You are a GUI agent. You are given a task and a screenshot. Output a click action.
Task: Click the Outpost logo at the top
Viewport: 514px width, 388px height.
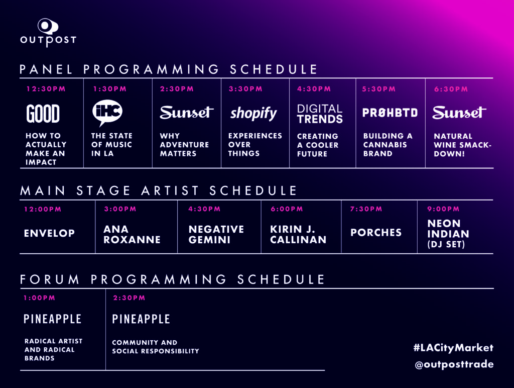click(48, 33)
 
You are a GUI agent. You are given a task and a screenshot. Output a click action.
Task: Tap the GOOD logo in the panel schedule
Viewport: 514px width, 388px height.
click(43, 114)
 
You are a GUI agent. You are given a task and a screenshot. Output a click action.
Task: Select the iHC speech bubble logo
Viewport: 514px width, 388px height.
click(107, 113)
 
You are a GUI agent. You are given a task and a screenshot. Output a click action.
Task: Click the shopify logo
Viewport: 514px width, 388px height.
click(253, 114)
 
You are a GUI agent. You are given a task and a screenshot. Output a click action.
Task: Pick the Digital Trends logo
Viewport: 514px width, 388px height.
click(320, 114)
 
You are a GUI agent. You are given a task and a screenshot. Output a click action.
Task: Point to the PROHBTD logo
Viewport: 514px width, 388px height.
click(390, 113)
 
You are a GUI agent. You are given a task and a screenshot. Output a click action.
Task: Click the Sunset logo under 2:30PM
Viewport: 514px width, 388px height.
click(187, 112)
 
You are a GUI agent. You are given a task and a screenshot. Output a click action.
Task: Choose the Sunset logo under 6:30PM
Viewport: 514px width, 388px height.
click(459, 113)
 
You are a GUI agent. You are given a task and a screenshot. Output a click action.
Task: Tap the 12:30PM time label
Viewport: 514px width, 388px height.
click(46, 89)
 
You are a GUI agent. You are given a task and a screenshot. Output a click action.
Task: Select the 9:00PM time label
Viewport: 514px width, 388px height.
click(443, 209)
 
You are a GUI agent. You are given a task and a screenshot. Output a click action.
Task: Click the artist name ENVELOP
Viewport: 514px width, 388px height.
click(50, 233)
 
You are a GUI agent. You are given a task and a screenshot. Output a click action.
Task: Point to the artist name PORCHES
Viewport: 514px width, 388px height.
click(376, 232)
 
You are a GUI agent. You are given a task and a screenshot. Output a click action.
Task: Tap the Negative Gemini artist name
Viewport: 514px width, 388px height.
click(216, 234)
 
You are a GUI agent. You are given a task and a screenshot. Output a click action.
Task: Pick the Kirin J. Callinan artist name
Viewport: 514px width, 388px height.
click(298, 234)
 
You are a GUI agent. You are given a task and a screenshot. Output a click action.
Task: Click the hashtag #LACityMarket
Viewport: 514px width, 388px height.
click(453, 348)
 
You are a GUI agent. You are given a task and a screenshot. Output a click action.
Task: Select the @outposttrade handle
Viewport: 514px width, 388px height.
click(454, 364)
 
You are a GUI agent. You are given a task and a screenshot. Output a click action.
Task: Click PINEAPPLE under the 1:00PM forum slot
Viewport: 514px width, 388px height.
click(52, 319)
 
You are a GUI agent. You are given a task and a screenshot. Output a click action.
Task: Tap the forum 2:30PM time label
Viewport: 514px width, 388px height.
click(129, 298)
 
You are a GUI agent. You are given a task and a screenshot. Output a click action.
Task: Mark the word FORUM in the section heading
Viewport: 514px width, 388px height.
click(50, 279)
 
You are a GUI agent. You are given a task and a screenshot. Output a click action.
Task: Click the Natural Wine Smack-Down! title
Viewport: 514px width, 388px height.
click(462, 145)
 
